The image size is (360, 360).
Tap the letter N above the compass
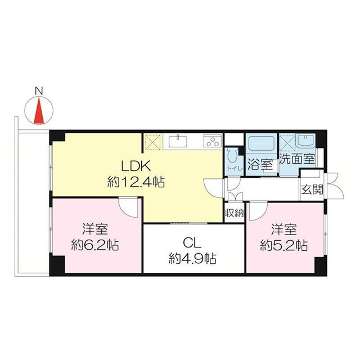(x=39, y=91)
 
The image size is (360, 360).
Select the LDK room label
(x=136, y=166)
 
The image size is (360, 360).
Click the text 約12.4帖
(x=136, y=182)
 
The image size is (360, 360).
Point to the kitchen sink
(x=178, y=141)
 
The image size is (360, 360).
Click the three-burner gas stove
(x=213, y=141)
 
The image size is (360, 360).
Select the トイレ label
(x=235, y=169)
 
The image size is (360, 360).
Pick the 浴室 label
(x=260, y=165)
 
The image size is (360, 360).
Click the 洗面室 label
(x=297, y=158)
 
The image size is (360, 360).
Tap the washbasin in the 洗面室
(x=305, y=141)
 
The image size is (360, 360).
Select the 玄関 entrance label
(x=312, y=190)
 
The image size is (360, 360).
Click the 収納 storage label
(x=234, y=214)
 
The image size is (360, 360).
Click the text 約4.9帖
(x=192, y=259)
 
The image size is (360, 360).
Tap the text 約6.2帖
(x=95, y=245)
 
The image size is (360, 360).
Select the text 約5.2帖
(x=284, y=245)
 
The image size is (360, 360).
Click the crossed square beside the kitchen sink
(x=153, y=142)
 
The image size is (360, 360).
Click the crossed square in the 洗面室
(x=287, y=143)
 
